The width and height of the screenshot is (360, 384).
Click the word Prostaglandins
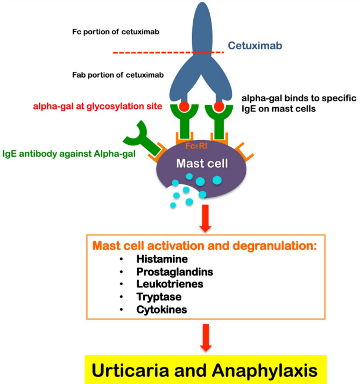coord(173,273)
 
